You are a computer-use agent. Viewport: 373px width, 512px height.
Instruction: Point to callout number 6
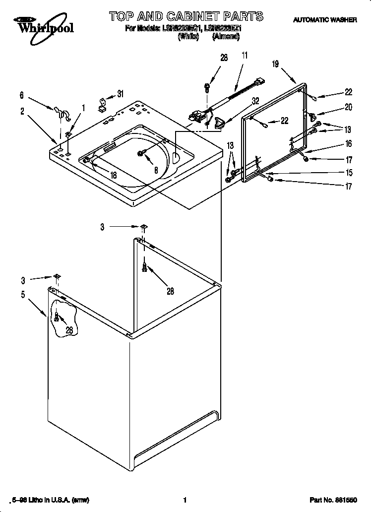(x=22, y=94)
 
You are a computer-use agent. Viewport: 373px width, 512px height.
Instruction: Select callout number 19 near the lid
(x=276, y=64)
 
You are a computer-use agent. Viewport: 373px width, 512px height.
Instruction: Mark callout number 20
(x=349, y=107)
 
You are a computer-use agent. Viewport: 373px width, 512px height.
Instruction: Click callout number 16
(x=349, y=144)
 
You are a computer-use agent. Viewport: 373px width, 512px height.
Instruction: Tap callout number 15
(x=349, y=173)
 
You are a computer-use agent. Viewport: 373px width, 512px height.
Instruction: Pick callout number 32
(x=255, y=101)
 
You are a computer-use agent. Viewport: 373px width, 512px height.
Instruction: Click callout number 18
(x=114, y=175)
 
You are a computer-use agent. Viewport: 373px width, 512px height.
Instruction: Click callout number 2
(x=22, y=112)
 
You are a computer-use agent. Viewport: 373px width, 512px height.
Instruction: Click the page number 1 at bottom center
(x=185, y=500)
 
